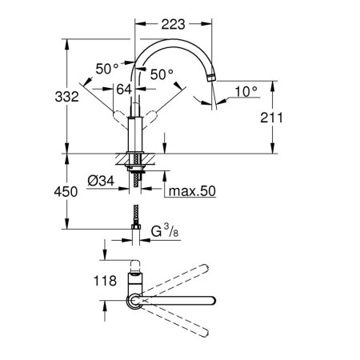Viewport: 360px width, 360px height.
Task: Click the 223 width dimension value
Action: click(173, 24)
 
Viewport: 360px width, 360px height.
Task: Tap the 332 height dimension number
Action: click(66, 97)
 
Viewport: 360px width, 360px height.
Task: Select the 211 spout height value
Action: click(271, 118)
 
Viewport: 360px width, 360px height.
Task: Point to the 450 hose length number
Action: click(66, 192)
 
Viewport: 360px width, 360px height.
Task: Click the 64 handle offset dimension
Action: click(124, 90)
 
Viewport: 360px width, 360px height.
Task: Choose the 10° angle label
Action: click(246, 91)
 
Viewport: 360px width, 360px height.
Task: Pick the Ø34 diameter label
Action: click(101, 181)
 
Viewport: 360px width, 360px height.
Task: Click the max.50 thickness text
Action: click(192, 191)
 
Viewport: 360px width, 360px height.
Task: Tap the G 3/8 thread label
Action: click(165, 231)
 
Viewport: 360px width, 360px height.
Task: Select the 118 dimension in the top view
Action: click(105, 281)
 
